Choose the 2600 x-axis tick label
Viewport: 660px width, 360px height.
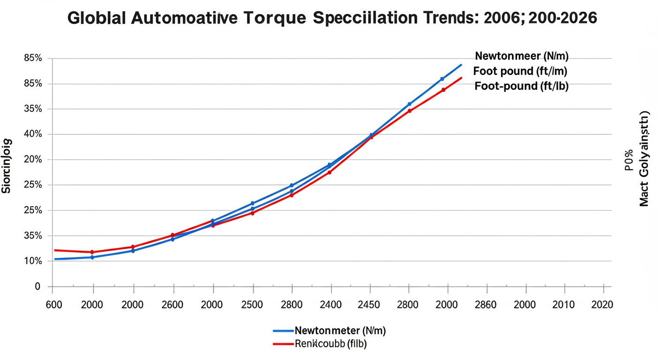point(172,305)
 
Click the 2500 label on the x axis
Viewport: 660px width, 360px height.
point(252,305)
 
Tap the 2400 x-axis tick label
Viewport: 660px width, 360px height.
point(331,305)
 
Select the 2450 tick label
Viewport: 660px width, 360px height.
point(370,305)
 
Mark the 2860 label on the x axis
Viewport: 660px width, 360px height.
point(485,305)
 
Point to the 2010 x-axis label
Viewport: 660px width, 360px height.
point(563,305)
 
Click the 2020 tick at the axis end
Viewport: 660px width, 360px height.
point(601,305)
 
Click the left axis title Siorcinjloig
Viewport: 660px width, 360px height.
point(6,166)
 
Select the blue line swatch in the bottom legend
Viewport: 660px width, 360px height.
point(283,331)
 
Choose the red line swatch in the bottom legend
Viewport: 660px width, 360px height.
point(283,345)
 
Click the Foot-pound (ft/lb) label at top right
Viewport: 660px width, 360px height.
point(521,86)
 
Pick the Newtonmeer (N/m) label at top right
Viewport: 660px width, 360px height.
point(521,56)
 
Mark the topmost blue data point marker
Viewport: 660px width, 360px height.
point(442,79)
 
